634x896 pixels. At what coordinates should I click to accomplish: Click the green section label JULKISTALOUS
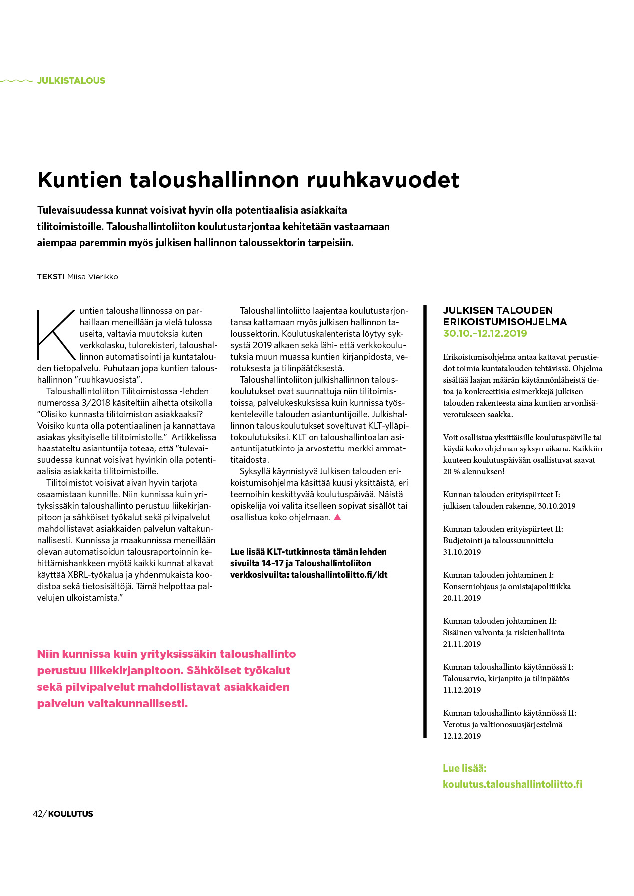71,81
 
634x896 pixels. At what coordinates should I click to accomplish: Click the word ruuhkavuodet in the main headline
382,180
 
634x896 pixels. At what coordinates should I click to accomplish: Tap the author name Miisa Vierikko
93,277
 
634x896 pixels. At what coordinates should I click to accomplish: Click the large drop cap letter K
56,334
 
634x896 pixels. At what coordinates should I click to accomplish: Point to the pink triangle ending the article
337,517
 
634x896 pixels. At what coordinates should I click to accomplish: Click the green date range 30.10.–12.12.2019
485,333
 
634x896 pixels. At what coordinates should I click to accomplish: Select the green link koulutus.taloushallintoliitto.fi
512,784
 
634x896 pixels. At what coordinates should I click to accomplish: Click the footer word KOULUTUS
71,814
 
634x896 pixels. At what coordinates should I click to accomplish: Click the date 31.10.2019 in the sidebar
462,552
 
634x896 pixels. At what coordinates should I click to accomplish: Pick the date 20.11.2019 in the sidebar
462,598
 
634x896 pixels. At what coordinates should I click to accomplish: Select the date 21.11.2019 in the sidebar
462,644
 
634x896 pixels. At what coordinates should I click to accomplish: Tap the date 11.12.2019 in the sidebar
462,690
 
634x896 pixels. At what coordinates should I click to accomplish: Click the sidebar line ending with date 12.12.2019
462,736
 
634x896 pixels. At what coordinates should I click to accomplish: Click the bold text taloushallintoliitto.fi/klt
339,575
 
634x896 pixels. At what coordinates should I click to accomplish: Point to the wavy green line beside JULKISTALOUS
16,80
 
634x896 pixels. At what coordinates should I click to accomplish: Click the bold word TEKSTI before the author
51,277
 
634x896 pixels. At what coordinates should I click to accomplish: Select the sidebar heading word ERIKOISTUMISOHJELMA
505,322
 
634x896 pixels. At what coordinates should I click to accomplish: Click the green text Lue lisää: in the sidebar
464,768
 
